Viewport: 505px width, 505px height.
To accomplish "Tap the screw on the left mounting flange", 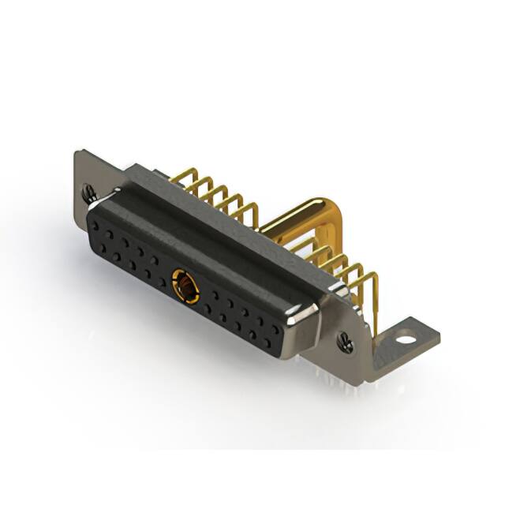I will tap(88, 190).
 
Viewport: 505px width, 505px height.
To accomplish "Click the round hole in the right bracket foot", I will tap(405, 341).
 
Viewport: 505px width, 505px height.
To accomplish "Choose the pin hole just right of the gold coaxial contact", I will tap(208, 295).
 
